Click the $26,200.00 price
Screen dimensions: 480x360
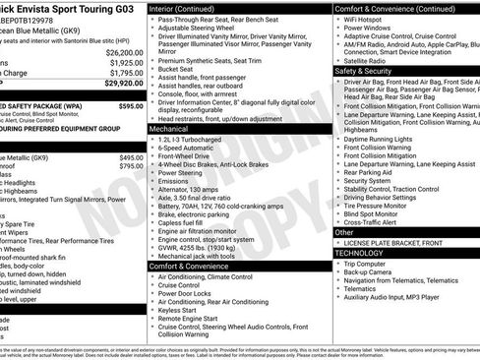coord(119,52)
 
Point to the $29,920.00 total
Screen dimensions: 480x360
coord(119,84)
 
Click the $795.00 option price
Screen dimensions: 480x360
coord(130,166)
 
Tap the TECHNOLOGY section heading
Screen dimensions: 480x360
coord(358,253)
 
